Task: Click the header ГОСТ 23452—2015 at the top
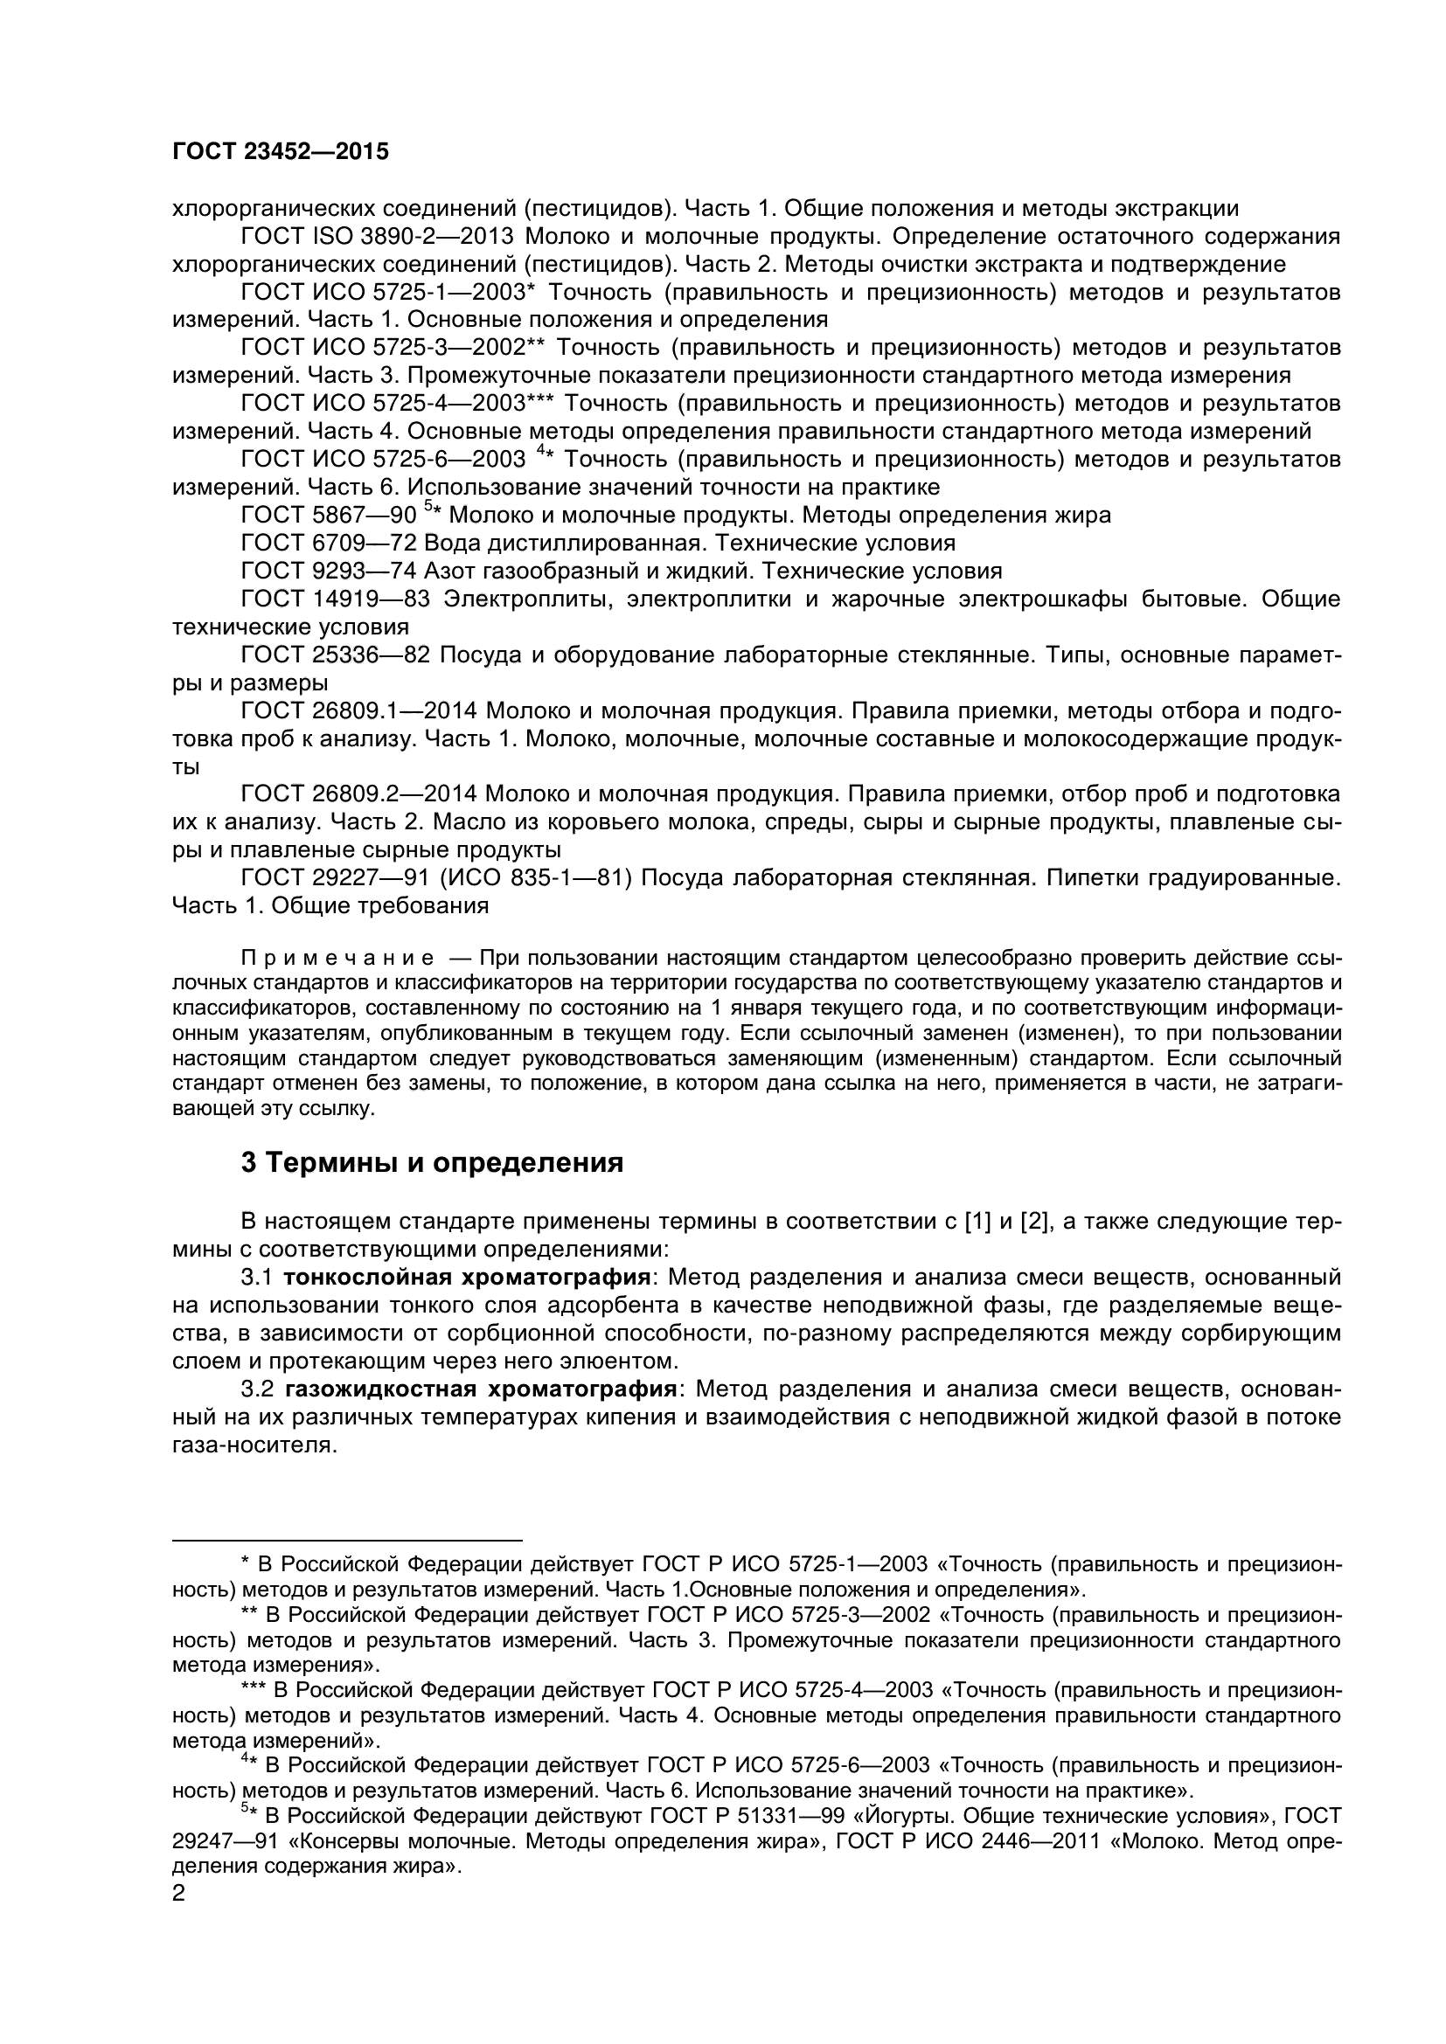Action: (x=281, y=152)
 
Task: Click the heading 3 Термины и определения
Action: (x=432, y=1162)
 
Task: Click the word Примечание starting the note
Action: (x=338, y=958)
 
